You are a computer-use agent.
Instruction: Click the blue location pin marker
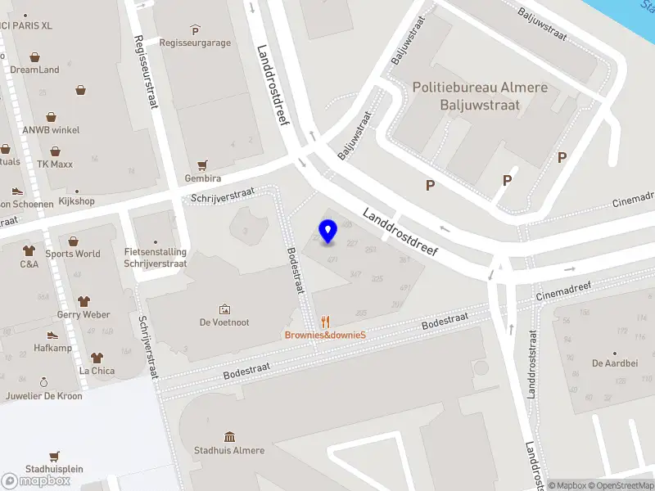click(x=328, y=232)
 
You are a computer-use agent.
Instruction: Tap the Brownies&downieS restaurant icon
click(x=325, y=322)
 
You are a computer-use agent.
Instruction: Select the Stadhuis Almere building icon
click(x=229, y=437)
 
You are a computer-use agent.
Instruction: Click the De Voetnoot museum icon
click(x=224, y=309)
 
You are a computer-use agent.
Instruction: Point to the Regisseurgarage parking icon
click(x=195, y=30)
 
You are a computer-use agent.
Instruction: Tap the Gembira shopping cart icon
click(x=202, y=164)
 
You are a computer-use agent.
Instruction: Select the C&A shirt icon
click(x=29, y=251)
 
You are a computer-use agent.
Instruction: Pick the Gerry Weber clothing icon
click(x=84, y=301)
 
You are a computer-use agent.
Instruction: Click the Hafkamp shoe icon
click(x=52, y=335)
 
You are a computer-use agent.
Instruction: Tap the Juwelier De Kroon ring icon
click(x=44, y=382)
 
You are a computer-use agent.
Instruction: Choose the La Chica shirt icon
click(x=97, y=358)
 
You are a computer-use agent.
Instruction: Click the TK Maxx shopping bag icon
click(x=55, y=151)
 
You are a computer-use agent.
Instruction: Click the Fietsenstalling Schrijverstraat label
click(x=156, y=258)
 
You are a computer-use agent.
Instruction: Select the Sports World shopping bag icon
click(x=74, y=241)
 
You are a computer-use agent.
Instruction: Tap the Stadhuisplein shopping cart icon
click(x=54, y=456)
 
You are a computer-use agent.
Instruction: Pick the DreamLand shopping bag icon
click(x=34, y=57)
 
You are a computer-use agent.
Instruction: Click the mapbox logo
click(x=36, y=481)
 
